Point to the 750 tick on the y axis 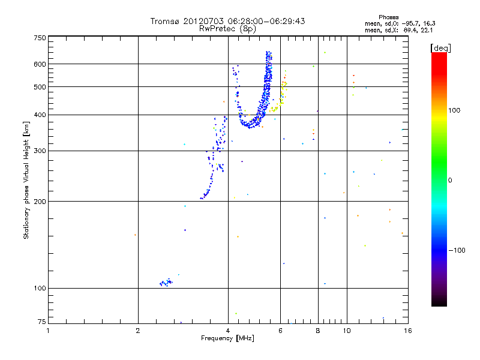point(40,38)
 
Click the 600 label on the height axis point(40,64)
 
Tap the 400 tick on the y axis point(40,115)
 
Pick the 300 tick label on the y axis point(40,151)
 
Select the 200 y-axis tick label point(40,201)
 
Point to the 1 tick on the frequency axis point(48,330)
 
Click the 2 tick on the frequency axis point(138,330)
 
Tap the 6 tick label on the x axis point(280,330)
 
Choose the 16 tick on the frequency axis point(407,330)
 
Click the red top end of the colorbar point(439,55)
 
